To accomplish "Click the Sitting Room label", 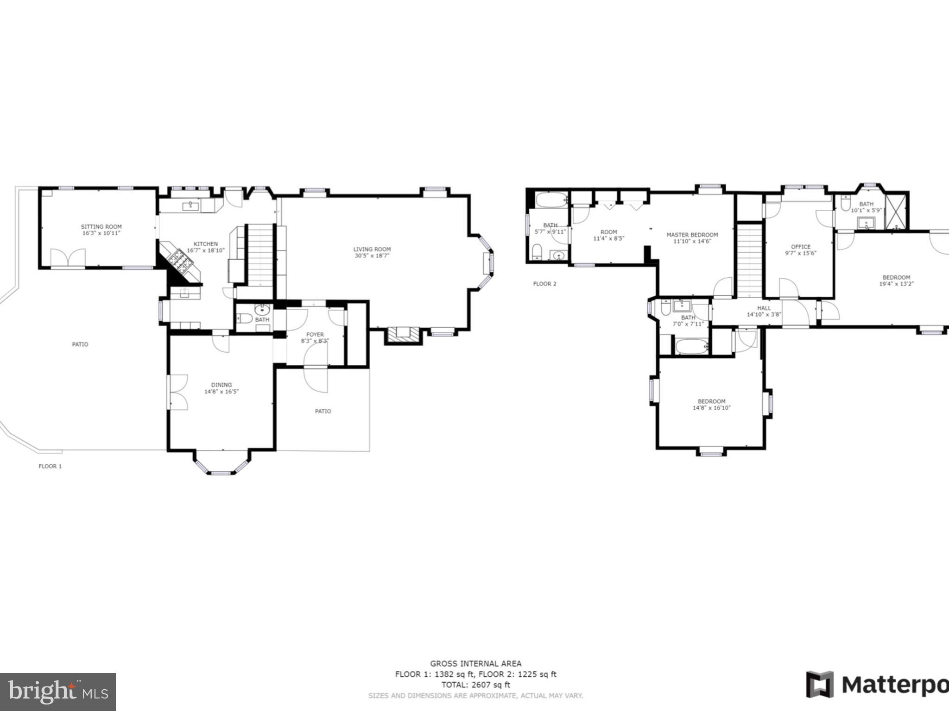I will (101, 227).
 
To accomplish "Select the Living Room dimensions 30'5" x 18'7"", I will (372, 256).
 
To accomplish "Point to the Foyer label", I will (315, 334).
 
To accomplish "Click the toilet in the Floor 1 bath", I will (244, 318).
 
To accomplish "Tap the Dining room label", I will (221, 385).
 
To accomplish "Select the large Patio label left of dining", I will (80, 344).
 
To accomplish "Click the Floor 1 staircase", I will (260, 255).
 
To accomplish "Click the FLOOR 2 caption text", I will (544, 284).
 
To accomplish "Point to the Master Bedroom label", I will (692, 235).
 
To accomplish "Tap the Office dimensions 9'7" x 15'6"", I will (800, 253).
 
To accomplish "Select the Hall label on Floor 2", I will (764, 308).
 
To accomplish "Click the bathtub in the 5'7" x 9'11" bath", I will (551, 200).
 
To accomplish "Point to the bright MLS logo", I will (57, 692).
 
